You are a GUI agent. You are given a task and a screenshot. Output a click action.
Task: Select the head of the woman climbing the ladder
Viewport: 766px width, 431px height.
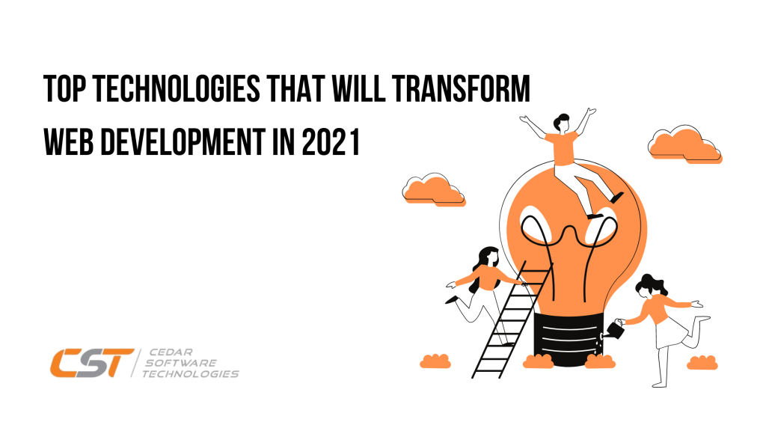click(487, 256)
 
